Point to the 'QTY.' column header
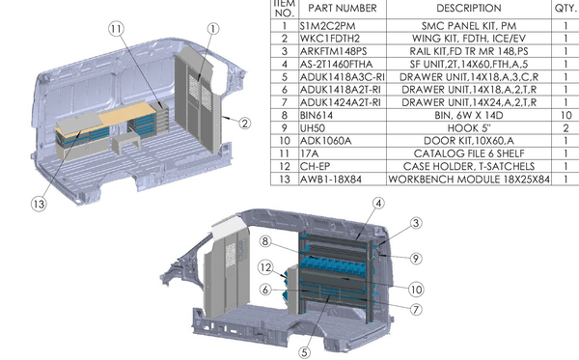[564, 7]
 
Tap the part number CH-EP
[316, 165]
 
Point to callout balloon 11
[116, 31]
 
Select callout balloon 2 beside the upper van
[243, 123]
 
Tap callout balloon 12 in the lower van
[265, 267]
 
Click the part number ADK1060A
[325, 138]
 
